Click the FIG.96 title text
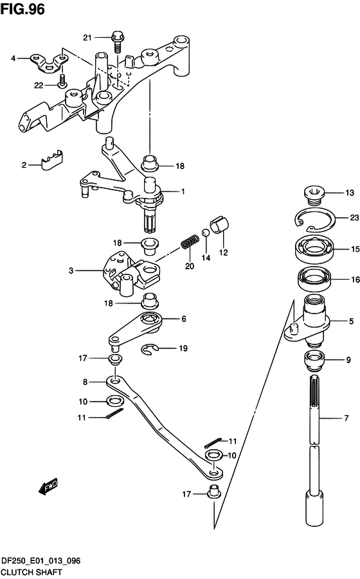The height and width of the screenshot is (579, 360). coord(22,9)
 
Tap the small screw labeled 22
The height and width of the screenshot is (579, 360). coord(62,81)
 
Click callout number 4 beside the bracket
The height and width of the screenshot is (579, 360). coord(14,58)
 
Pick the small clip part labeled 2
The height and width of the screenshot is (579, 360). coord(51,159)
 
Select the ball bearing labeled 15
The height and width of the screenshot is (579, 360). coord(314,249)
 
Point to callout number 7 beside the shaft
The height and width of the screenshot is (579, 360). coord(346,418)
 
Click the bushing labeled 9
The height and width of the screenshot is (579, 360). coord(314,361)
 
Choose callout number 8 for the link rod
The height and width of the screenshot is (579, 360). coord(85,382)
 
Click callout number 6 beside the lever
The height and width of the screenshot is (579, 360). coord(183,318)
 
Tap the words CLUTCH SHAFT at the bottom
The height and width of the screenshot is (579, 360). coord(32,573)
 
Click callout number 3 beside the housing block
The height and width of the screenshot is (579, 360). coord(71,271)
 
